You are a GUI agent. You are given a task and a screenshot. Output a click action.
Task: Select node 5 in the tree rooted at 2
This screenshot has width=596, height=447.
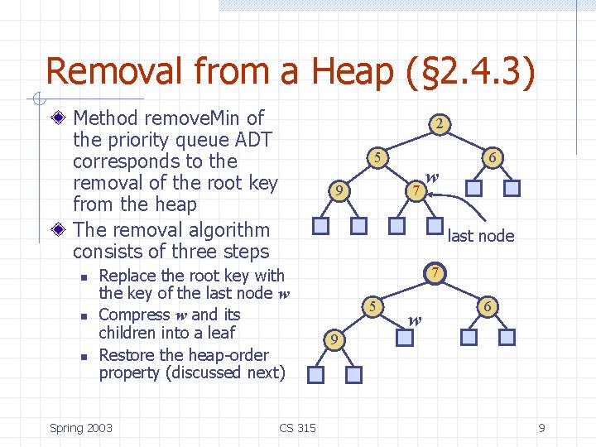point(376,157)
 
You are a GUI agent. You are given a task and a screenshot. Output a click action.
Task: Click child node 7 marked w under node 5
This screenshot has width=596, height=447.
point(417,191)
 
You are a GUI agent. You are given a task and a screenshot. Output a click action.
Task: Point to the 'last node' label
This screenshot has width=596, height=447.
point(480,236)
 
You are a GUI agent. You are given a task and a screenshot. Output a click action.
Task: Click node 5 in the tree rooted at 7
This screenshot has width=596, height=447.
point(374,306)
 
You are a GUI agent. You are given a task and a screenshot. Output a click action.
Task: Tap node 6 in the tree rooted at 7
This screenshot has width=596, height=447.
point(488,306)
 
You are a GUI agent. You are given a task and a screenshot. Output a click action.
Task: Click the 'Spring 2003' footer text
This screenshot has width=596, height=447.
point(81,427)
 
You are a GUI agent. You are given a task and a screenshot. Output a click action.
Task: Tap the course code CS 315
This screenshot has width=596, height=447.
point(297,427)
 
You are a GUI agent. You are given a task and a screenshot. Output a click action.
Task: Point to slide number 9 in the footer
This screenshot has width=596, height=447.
point(541,427)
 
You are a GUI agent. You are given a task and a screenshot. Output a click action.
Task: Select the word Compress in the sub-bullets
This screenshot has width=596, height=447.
point(134,315)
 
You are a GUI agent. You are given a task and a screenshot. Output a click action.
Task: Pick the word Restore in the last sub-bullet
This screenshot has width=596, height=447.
point(127,355)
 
